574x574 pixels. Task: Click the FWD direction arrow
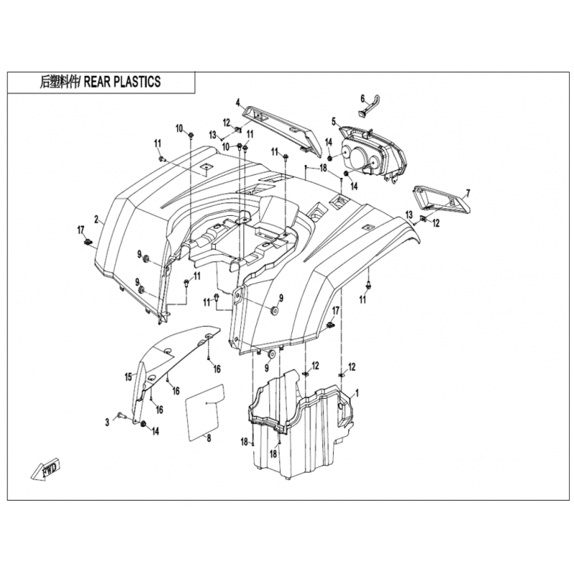(45, 469)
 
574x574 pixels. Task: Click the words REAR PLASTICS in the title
(122, 82)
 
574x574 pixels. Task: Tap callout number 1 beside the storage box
(357, 393)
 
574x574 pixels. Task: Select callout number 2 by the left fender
(96, 220)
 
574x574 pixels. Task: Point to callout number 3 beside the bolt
(107, 423)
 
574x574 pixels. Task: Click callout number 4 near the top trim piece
(237, 102)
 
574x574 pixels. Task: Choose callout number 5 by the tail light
(334, 121)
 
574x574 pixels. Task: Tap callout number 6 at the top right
(363, 98)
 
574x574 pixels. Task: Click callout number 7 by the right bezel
(469, 193)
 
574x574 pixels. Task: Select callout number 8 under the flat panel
(209, 438)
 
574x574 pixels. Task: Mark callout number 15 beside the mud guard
(128, 377)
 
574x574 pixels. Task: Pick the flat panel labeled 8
(205, 411)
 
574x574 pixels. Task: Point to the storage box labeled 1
(300, 425)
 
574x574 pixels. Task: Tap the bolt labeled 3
(121, 415)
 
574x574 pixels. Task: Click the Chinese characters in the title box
(60, 82)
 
